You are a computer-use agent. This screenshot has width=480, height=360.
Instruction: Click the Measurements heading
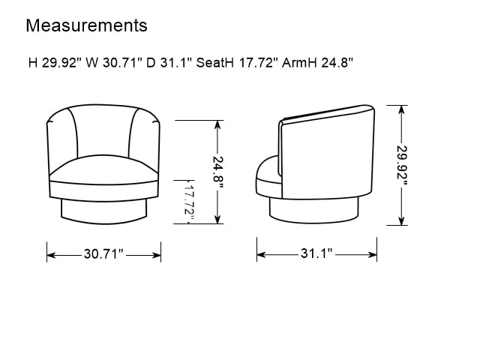pos(86,25)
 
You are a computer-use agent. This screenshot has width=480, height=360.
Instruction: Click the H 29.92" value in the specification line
pos(55,63)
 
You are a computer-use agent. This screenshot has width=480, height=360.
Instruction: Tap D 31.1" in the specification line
pos(169,63)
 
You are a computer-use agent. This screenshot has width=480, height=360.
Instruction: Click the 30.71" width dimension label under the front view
pos(103,255)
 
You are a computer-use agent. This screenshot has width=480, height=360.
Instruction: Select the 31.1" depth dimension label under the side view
pos(317,254)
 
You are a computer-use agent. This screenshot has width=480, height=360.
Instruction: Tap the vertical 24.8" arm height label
pos(217,172)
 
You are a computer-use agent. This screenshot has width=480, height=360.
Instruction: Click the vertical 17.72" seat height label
pos(189,202)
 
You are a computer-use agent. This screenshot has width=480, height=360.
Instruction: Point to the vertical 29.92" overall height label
pos(402,164)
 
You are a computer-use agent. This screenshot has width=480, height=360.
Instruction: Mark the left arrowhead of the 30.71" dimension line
pos(50,255)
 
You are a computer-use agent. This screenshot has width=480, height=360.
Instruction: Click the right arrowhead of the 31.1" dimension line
pos(373,254)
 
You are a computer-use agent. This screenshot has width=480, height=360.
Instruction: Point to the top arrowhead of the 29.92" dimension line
pos(402,109)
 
